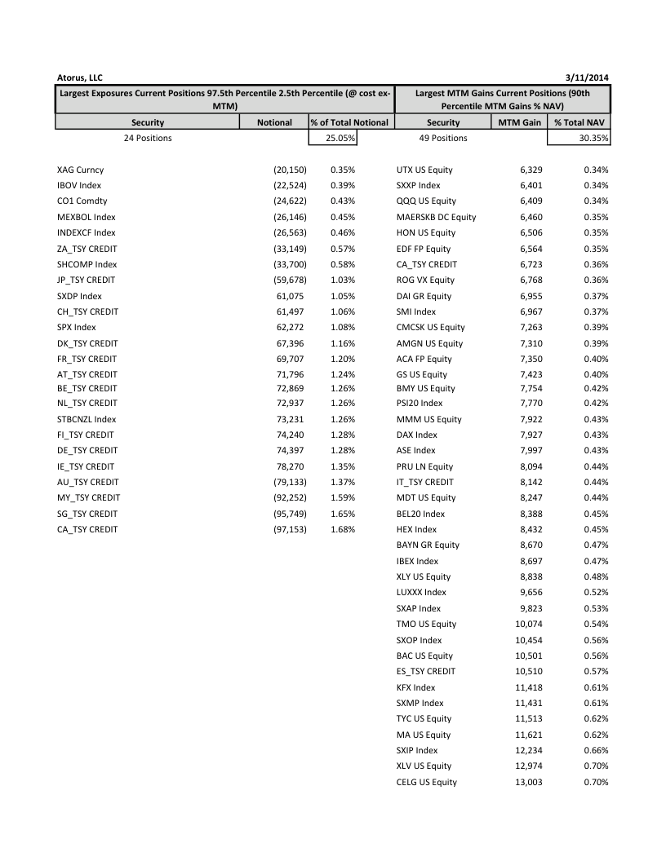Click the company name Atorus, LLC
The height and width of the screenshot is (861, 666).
[x=80, y=77]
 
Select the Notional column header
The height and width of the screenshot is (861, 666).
[x=273, y=122]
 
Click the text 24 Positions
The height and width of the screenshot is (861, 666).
[x=148, y=138]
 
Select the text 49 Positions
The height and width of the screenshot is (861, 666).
[x=443, y=138]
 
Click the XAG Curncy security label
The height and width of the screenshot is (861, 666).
[x=80, y=170]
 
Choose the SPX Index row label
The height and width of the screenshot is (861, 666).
[x=77, y=327]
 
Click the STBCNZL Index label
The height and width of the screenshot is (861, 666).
[x=87, y=419]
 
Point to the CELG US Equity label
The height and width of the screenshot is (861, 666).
[x=426, y=782]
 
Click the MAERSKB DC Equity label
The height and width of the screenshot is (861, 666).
[x=436, y=217]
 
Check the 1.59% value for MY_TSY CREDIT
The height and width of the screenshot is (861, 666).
[x=343, y=497]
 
